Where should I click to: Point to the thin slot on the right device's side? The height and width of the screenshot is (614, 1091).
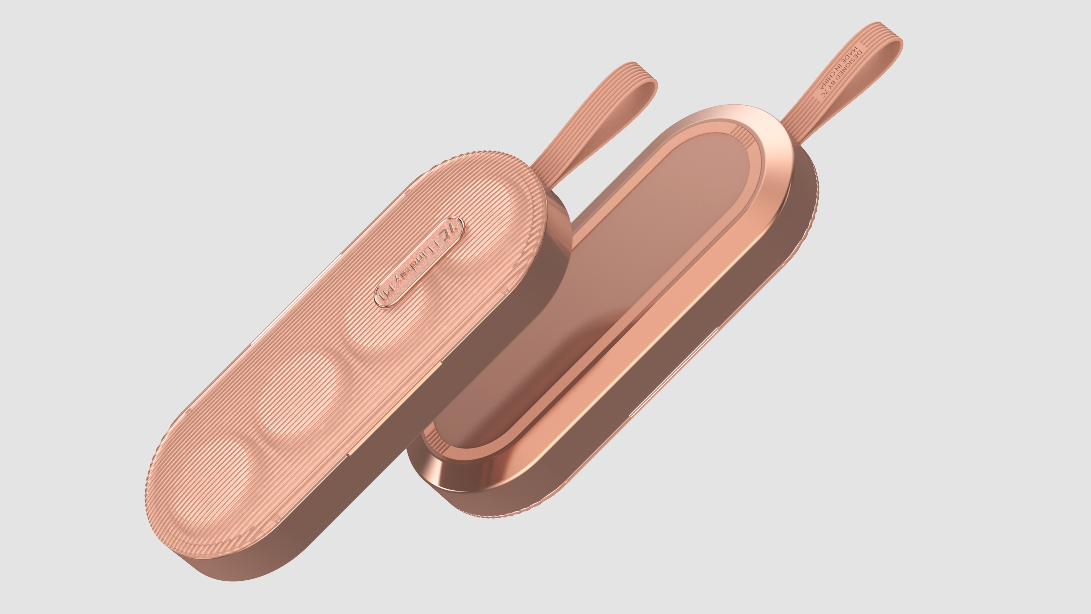click(x=673, y=373)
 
